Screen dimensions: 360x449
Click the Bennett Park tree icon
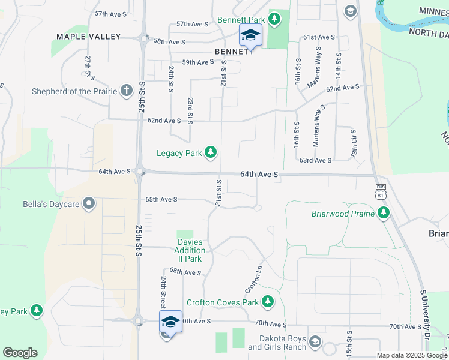pos(274,19)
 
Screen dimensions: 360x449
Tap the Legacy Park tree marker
pos(210,153)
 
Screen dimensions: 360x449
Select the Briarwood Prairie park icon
pos(384,213)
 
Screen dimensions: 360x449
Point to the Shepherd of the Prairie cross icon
pos(126,91)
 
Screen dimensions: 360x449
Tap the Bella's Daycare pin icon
pos(89,204)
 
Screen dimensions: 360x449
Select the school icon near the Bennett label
pos(250,35)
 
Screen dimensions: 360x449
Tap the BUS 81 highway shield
pos(379,191)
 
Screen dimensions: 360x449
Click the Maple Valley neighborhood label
pos(89,37)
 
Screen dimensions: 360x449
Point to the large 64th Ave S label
pos(259,174)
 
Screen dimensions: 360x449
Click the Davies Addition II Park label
pos(189,250)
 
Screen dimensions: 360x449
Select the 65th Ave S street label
pos(161,199)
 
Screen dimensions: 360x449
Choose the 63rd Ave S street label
pos(315,160)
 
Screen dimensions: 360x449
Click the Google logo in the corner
pos(20,353)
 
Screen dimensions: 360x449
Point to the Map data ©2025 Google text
pos(411,355)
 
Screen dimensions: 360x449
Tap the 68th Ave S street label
pos(185,272)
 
